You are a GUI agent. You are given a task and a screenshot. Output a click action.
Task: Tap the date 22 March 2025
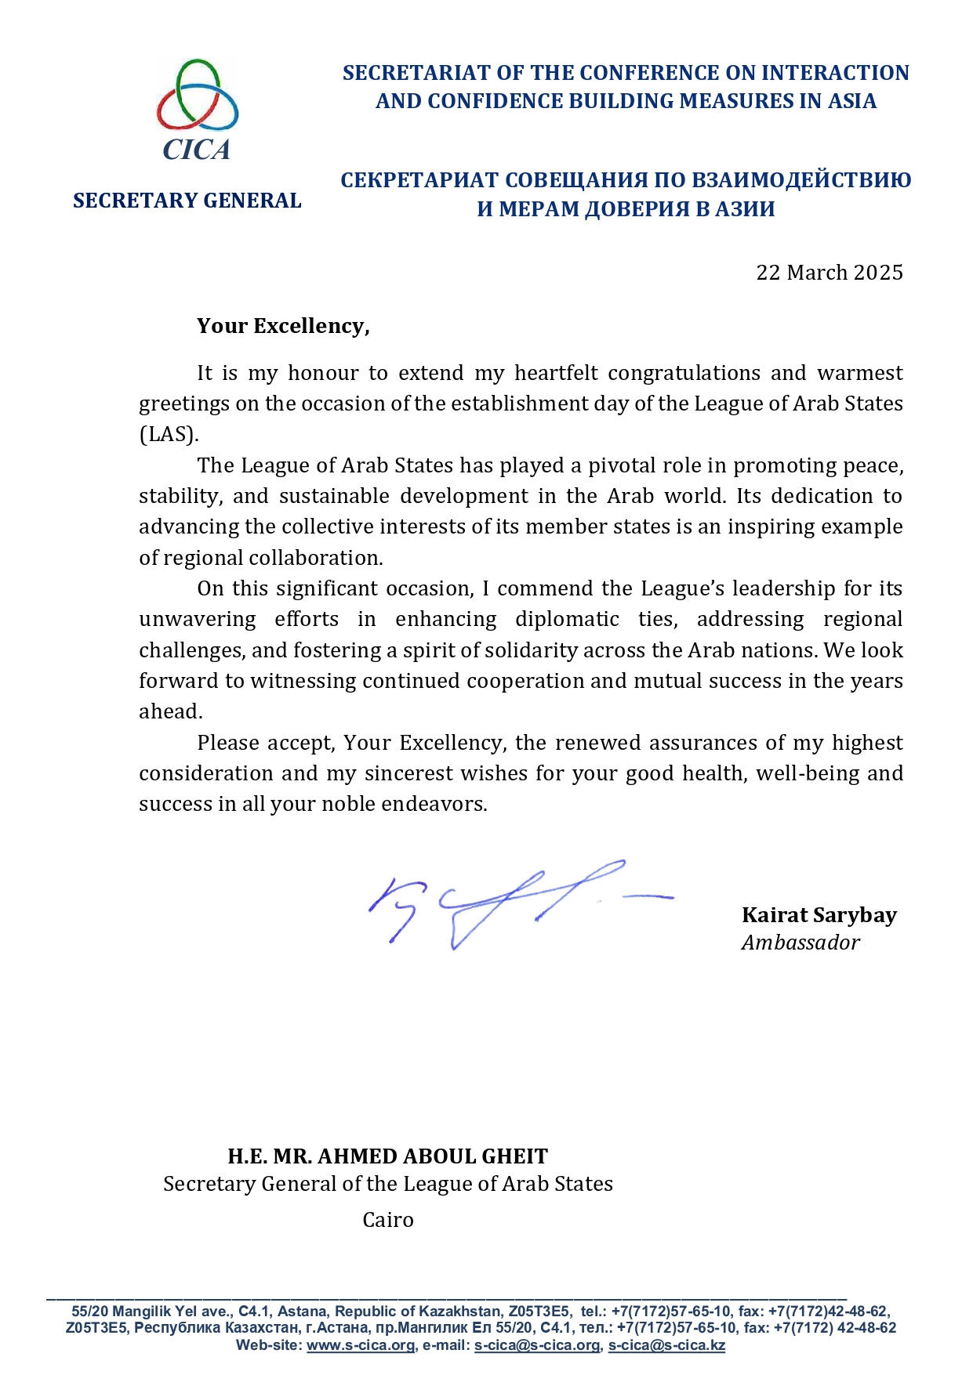click(x=829, y=273)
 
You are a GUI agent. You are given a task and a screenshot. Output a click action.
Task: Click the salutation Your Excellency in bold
click(x=282, y=326)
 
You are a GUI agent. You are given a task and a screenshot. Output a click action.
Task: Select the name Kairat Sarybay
click(x=819, y=915)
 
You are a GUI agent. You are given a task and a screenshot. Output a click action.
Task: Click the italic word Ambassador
click(x=800, y=943)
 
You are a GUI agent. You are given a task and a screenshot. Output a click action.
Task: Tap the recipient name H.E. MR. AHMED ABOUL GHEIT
click(x=387, y=1156)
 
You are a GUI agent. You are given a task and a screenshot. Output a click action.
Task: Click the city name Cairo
click(x=387, y=1220)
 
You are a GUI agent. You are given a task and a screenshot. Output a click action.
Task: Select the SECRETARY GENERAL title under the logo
click(x=187, y=201)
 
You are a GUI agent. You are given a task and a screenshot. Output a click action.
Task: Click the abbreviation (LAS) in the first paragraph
click(x=169, y=434)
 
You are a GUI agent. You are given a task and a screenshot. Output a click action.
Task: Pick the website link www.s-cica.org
click(x=361, y=1345)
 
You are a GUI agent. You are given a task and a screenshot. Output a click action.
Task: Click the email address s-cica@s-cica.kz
click(x=666, y=1345)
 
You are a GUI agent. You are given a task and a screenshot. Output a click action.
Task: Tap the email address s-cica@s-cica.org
click(x=537, y=1345)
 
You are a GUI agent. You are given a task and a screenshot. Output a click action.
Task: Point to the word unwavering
click(x=197, y=620)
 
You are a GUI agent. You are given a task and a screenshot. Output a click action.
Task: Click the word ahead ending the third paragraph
click(x=169, y=711)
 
